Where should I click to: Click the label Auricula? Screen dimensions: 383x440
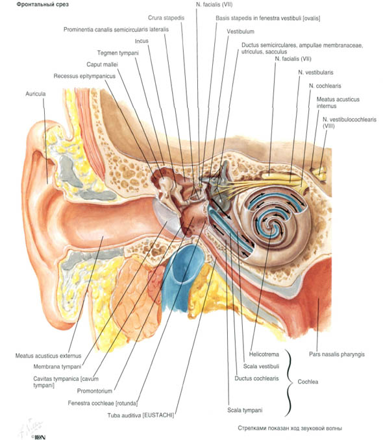(x=36, y=93)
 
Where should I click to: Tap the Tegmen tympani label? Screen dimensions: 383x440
(x=118, y=53)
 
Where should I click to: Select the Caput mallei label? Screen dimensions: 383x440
(x=102, y=64)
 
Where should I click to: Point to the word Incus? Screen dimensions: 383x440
(x=142, y=41)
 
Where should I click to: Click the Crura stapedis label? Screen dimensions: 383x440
(x=166, y=18)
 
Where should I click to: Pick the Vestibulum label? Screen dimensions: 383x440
(x=240, y=32)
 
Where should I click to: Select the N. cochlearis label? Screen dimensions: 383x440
(x=325, y=86)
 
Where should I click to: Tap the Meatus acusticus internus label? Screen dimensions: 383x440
(x=338, y=103)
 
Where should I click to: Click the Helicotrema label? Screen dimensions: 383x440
(x=264, y=354)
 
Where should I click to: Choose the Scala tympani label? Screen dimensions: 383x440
(x=245, y=410)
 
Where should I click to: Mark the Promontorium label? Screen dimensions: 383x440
(x=95, y=391)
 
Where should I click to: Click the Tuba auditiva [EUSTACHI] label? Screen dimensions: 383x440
(x=141, y=415)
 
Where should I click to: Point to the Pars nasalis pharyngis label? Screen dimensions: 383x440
(x=337, y=354)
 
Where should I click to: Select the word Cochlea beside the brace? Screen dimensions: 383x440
(x=308, y=382)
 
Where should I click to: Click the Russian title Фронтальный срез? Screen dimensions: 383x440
(x=43, y=5)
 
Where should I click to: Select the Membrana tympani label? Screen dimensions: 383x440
(x=57, y=367)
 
